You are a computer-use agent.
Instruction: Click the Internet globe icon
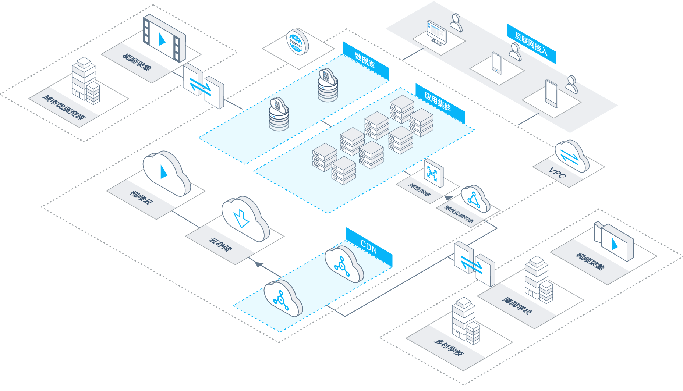(297, 42)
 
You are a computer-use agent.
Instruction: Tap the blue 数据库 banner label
(365, 60)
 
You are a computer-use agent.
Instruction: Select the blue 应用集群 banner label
(438, 102)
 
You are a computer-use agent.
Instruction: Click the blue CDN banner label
(369, 247)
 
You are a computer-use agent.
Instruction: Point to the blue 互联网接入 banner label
(531, 44)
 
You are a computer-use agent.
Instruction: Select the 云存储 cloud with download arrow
(245, 218)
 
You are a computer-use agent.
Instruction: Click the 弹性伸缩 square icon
(433, 173)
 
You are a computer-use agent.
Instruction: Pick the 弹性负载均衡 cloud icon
(475, 199)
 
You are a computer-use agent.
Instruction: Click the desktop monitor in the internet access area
(436, 32)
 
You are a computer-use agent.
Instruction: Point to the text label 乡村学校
(448, 347)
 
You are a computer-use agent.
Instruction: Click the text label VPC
(557, 173)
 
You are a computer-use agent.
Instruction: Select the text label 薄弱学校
(517, 306)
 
